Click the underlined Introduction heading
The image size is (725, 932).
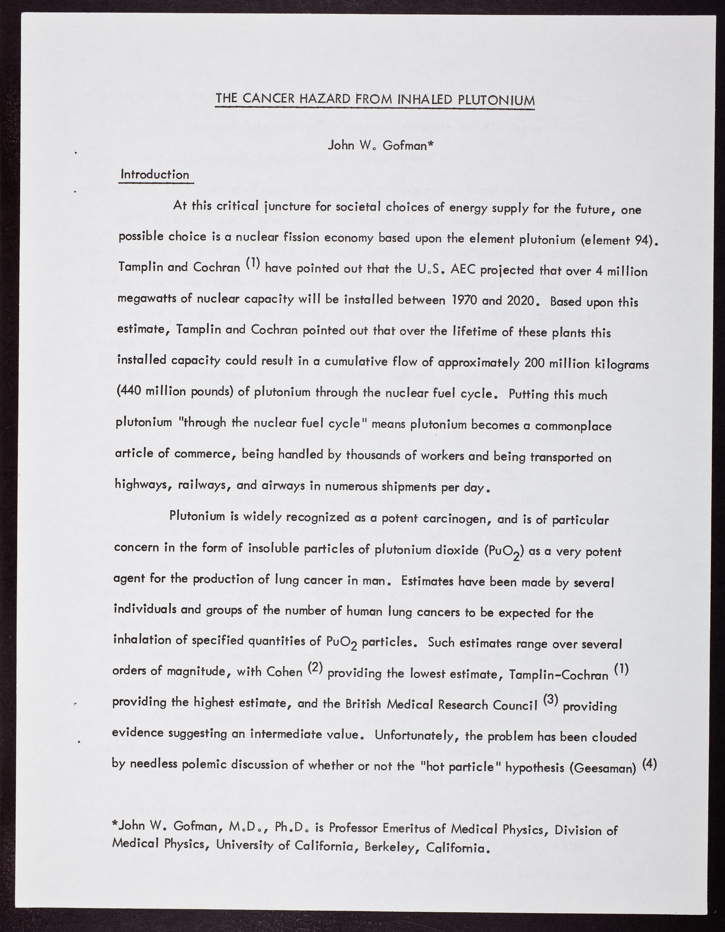pos(155,175)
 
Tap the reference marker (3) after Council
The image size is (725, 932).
pos(551,699)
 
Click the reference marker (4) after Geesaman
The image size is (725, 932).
pos(649,762)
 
